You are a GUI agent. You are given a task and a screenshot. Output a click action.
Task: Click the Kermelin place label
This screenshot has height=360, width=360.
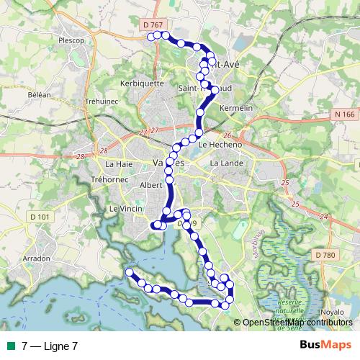point(238,107)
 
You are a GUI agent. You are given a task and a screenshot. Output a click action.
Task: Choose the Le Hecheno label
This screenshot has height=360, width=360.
point(213,144)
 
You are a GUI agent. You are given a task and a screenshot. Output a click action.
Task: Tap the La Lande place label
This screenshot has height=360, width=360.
point(223,163)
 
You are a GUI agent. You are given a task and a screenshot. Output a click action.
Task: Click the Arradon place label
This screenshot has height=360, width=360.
point(37,258)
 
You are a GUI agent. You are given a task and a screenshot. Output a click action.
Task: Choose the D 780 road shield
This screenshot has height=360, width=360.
point(325,254)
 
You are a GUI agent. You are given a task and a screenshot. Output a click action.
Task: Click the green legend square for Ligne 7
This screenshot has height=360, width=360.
point(9,346)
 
